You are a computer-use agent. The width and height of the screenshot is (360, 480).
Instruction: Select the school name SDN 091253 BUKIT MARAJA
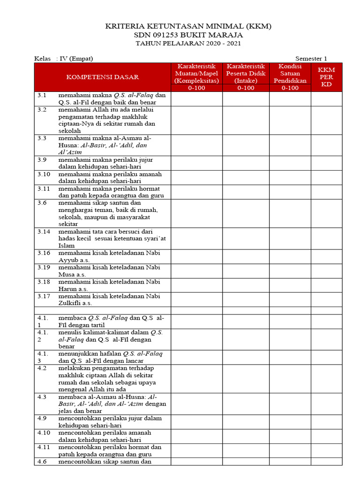click(x=188, y=35)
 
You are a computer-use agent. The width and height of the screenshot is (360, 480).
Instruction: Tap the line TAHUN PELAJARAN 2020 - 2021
click(x=188, y=44)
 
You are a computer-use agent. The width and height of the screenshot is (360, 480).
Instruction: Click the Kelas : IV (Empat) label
click(x=64, y=59)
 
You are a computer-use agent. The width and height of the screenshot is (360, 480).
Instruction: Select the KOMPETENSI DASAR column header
click(x=102, y=77)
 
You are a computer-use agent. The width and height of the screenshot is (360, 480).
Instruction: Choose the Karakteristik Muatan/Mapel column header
click(x=196, y=77)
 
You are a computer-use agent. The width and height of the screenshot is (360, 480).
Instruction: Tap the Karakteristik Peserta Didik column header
click(x=246, y=77)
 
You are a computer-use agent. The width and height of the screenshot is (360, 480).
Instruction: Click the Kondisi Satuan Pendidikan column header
click(x=290, y=77)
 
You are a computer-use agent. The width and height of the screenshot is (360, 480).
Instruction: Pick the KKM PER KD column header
click(x=326, y=77)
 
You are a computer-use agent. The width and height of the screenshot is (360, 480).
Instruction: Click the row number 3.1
click(x=42, y=95)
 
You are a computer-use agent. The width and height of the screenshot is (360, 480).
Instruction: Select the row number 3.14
click(x=44, y=232)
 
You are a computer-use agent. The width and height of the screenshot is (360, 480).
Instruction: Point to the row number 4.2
click(x=42, y=368)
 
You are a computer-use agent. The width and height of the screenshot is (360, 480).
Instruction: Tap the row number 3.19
click(x=44, y=267)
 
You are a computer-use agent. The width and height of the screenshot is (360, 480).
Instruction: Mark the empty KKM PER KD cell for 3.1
click(x=326, y=98)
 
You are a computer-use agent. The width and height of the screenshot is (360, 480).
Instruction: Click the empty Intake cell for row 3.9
click(x=246, y=163)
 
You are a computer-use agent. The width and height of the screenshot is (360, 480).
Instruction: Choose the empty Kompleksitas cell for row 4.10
click(x=196, y=436)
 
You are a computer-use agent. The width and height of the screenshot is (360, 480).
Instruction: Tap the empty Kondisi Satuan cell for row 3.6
click(x=290, y=213)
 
